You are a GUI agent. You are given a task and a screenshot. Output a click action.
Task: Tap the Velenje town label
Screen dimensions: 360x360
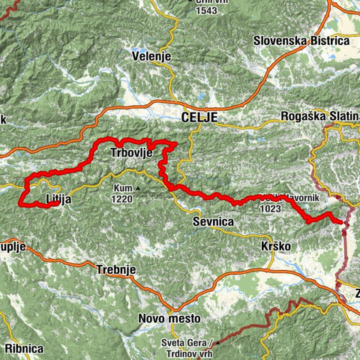151,57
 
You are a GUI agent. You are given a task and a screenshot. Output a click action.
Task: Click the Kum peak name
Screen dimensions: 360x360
122,188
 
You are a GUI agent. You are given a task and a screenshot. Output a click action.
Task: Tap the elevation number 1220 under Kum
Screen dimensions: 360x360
124,199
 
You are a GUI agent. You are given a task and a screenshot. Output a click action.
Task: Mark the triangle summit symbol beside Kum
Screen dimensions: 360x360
138,188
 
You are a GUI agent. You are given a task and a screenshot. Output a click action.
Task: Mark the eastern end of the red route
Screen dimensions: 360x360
342,221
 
